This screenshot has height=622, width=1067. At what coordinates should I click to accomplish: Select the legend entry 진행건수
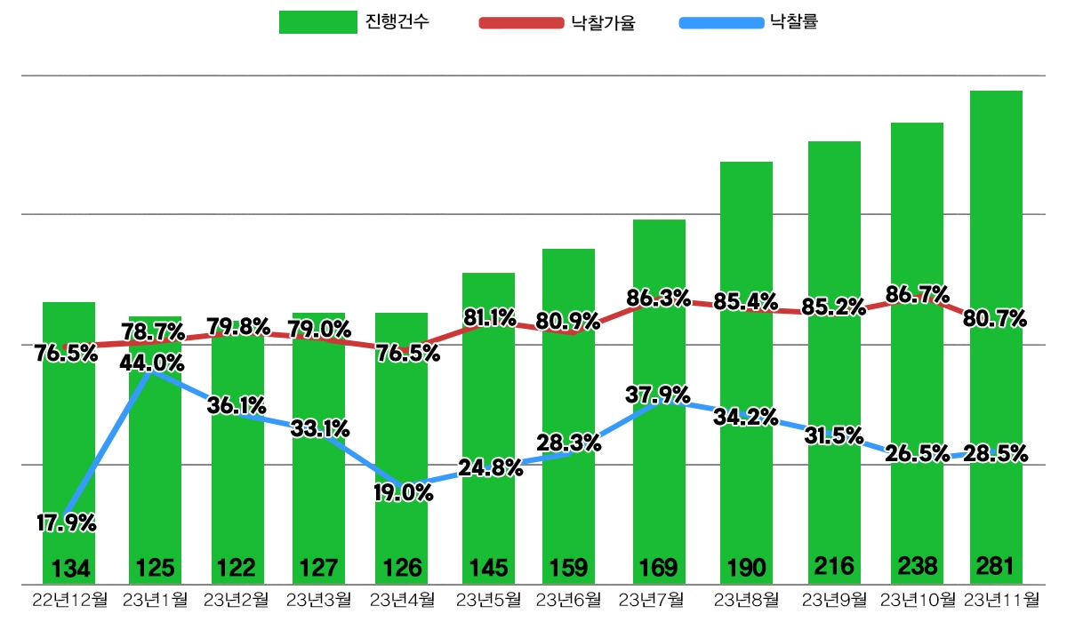356,22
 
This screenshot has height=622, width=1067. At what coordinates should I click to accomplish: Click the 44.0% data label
152,363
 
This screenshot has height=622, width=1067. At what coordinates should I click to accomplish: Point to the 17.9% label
66,523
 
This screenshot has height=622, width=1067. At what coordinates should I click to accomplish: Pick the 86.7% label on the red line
917,294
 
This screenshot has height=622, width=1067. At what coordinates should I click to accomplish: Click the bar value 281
996,566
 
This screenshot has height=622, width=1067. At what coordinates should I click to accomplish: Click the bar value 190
745,567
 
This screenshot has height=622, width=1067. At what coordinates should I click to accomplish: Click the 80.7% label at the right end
996,318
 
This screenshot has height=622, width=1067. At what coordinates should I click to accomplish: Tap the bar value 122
237,567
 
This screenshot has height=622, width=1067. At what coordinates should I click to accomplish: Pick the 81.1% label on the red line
489,317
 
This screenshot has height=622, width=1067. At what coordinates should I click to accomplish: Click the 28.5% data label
996,454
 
